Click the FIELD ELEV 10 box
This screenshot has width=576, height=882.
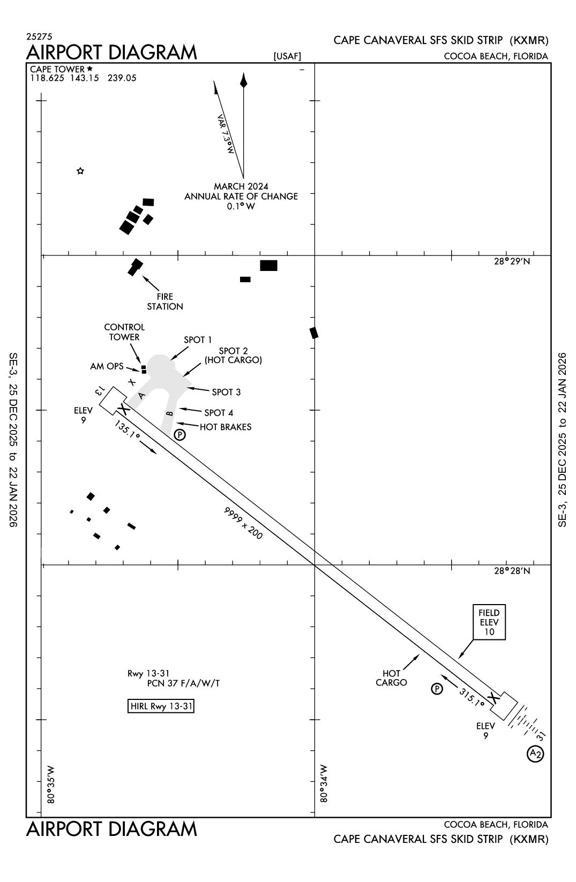pyautogui.click(x=489, y=622)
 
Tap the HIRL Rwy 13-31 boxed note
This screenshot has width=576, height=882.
pyautogui.click(x=161, y=706)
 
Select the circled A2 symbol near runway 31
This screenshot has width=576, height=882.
pyautogui.click(x=535, y=753)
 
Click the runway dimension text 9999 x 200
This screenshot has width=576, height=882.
pyautogui.click(x=243, y=523)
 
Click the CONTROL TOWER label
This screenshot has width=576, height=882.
pyautogui.click(x=124, y=332)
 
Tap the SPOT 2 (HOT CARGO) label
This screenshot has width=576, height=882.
pyautogui.click(x=233, y=356)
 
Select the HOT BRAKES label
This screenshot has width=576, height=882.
pyautogui.click(x=225, y=427)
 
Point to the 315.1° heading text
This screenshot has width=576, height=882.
pyautogui.click(x=472, y=697)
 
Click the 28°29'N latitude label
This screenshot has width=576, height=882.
pyautogui.click(x=512, y=261)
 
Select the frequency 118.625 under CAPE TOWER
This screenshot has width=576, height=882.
pyautogui.click(x=47, y=78)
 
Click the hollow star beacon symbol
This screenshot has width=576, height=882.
pyautogui.click(x=80, y=171)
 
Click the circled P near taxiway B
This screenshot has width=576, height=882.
pyautogui.click(x=180, y=434)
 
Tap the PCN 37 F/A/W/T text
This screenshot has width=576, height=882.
pyautogui.click(x=183, y=683)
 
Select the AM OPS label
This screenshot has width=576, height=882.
pyautogui.click(x=107, y=366)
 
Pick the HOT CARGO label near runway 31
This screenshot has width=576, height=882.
pyautogui.click(x=391, y=678)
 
